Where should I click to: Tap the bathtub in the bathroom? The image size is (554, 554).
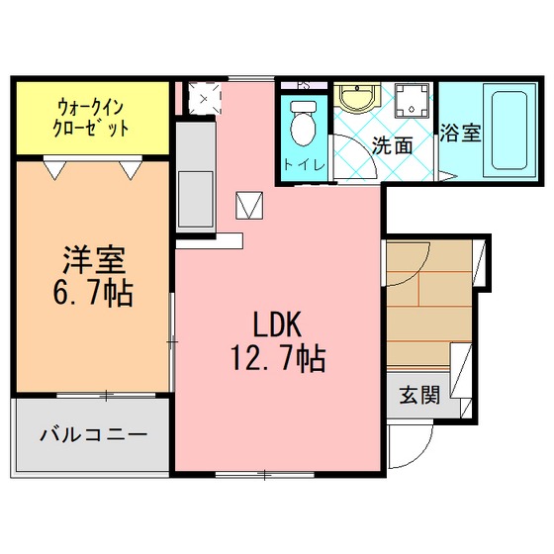(x=509, y=131)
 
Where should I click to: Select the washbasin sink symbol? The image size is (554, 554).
(x=357, y=98)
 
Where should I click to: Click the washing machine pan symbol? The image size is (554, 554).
(x=412, y=100)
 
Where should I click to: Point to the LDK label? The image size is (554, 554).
(x=277, y=324)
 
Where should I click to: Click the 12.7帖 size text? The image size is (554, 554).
(x=278, y=358)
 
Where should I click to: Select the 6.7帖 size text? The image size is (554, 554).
(x=93, y=293)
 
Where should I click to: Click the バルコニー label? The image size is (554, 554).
(x=93, y=434)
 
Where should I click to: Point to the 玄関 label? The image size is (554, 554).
(x=419, y=395)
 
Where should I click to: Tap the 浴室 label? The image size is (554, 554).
(x=460, y=133)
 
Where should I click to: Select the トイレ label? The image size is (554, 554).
(x=304, y=165)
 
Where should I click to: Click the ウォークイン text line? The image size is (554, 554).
(x=91, y=107)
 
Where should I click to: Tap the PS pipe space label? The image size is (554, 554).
(x=304, y=85)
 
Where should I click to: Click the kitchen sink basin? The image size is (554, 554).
(x=196, y=199)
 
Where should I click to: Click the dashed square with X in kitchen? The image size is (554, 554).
(x=204, y=98)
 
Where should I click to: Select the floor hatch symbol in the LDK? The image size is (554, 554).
(x=249, y=206)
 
